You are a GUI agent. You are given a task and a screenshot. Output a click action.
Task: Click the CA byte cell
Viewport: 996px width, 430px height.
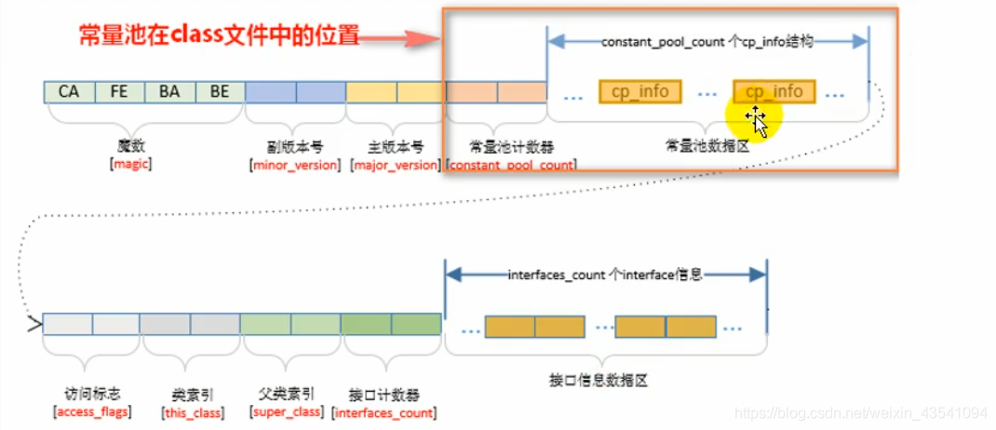[69, 91]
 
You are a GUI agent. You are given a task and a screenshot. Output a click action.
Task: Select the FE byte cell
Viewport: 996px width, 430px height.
[119, 91]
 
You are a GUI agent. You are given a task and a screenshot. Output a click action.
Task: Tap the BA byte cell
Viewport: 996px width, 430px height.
[169, 91]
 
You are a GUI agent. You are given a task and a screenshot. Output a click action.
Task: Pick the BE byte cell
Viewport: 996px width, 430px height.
[220, 91]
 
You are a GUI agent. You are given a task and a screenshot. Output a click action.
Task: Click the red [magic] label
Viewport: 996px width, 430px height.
[131, 164]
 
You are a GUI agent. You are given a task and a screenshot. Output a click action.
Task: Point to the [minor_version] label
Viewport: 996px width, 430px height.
[294, 165]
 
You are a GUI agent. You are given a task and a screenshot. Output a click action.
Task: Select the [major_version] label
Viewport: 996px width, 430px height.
[396, 165]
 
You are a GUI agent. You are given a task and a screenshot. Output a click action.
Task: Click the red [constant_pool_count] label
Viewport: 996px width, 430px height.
[511, 165]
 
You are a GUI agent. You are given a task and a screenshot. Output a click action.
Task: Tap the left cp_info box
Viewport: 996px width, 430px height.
[640, 91]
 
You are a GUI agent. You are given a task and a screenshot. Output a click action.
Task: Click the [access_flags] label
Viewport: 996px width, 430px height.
[93, 411]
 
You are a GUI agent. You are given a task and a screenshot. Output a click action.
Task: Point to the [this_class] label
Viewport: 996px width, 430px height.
[193, 411]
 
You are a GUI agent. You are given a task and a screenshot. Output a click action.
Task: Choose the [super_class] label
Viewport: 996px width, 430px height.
[290, 411]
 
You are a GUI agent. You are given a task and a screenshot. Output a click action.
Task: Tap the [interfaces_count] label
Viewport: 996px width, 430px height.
[384, 411]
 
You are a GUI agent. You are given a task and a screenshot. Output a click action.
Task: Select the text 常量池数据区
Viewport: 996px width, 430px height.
[705, 145]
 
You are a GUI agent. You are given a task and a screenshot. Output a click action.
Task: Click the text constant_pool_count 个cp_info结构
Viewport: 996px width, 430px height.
[707, 42]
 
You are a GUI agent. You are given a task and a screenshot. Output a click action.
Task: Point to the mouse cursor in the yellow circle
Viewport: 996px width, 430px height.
[755, 119]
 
